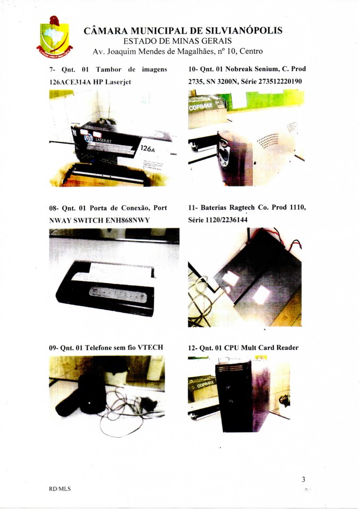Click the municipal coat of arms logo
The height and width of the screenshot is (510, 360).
[x=55, y=37]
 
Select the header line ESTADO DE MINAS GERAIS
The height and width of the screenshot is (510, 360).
[x=177, y=41]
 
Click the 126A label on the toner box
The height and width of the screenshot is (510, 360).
[x=147, y=148]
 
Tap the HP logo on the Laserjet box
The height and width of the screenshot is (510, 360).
[x=89, y=139]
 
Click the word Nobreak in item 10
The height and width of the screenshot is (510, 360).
[x=238, y=69]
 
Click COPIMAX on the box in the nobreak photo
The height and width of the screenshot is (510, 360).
[x=201, y=106]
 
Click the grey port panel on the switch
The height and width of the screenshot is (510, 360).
[x=118, y=294]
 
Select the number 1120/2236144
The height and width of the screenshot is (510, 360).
[x=227, y=220]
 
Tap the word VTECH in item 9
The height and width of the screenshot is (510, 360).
[x=150, y=347]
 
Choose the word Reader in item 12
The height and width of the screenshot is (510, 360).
[x=287, y=347]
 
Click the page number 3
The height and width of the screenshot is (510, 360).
[x=303, y=479]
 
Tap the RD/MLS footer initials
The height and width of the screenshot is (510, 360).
[x=60, y=489]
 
